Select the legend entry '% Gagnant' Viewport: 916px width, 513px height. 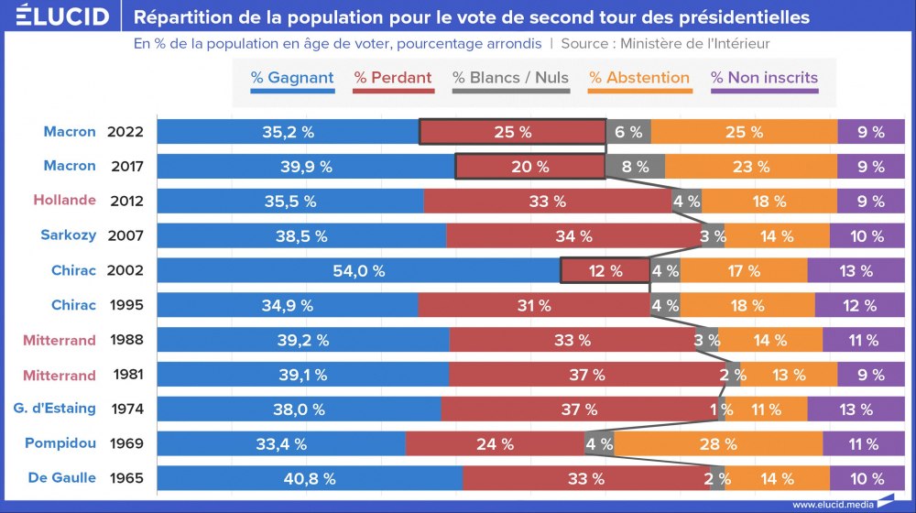292,78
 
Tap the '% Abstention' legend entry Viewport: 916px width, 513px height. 638,78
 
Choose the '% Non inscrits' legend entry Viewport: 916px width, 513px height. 764,78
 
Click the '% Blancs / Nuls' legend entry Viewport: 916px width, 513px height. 510,78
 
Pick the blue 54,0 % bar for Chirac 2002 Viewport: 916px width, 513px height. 358,271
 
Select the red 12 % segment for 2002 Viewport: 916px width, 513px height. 604,271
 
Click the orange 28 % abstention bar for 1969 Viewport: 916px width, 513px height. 718,444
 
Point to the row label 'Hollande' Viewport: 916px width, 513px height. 64,201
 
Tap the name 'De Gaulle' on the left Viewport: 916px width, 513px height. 62,478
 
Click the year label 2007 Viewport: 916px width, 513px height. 125,235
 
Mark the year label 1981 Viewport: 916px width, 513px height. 125,375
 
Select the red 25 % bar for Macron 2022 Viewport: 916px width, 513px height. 512,132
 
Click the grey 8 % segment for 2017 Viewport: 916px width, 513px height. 635,167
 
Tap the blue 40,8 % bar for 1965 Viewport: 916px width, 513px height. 310,478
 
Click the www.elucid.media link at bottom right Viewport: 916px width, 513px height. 831,504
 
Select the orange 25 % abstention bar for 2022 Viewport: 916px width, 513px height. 744,132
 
